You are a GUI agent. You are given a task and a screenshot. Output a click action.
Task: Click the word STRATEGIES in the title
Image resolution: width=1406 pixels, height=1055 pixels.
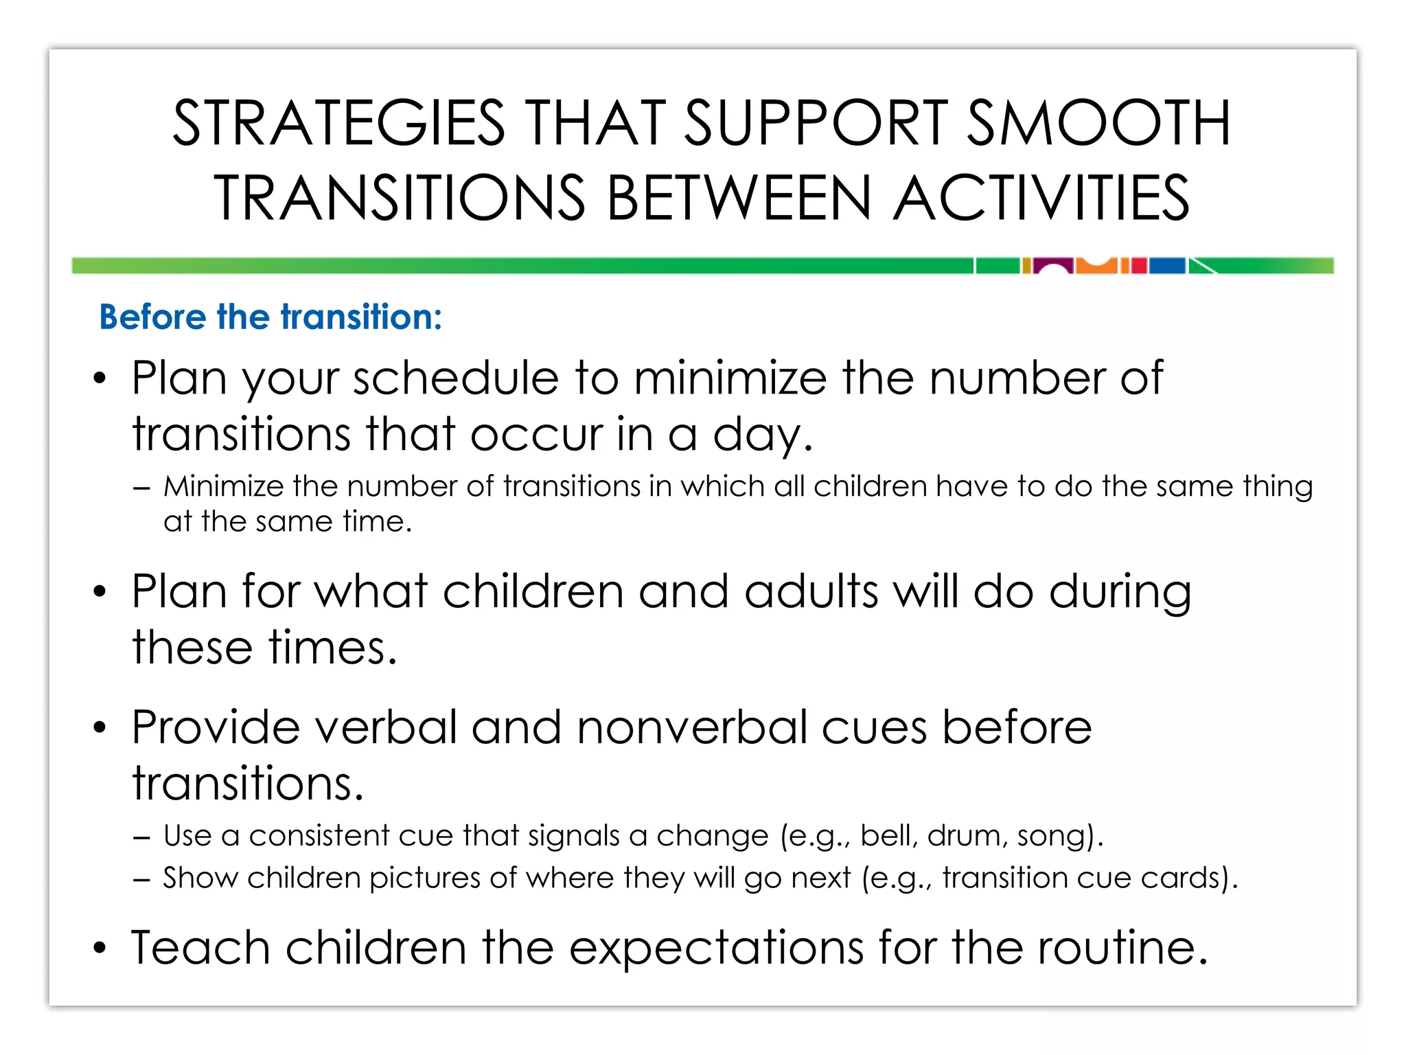[x=338, y=124]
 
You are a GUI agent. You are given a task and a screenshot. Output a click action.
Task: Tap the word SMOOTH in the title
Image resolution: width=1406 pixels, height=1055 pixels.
[x=1098, y=124]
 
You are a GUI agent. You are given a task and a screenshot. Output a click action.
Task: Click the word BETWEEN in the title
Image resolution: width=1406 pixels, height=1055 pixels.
[x=739, y=198]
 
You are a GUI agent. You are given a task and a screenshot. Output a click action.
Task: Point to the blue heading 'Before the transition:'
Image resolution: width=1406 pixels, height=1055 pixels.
[x=270, y=317]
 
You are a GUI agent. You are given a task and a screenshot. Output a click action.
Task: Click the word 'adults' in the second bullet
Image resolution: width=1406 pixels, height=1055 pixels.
[x=811, y=591]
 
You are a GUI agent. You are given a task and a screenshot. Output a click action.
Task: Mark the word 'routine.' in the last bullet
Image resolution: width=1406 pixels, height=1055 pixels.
[x=1122, y=948]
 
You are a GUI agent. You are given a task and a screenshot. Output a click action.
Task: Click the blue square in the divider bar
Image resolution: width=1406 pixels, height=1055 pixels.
[x=1167, y=266]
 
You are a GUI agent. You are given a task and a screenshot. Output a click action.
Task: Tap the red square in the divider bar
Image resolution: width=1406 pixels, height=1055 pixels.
[x=1139, y=266]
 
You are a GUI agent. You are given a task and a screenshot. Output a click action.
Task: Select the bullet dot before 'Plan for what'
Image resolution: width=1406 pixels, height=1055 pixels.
[x=100, y=591]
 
